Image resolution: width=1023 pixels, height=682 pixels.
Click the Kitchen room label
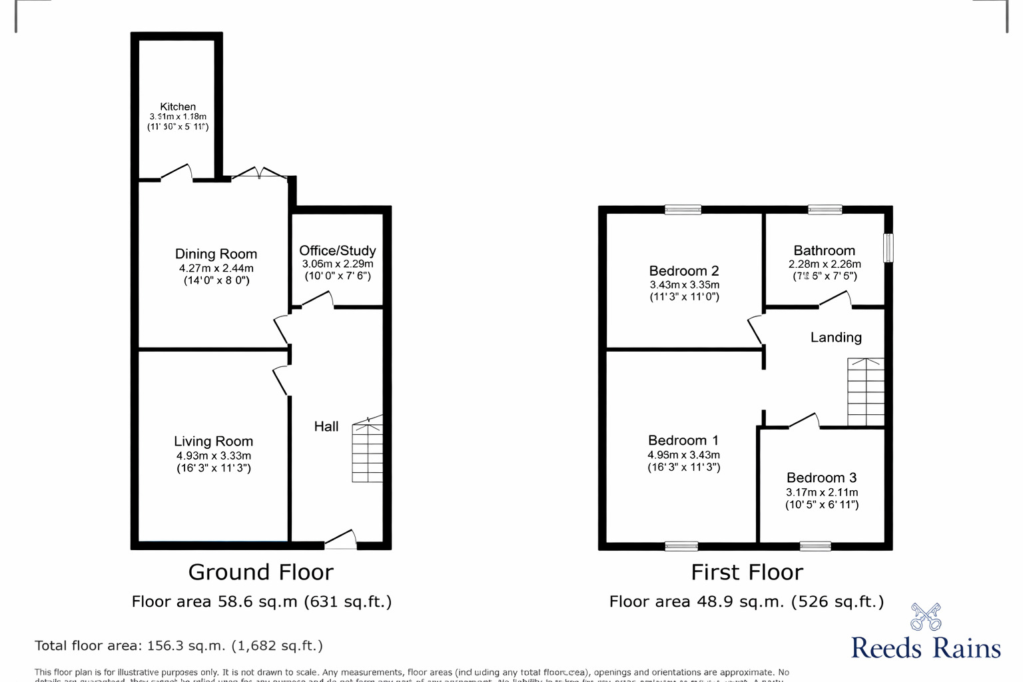[178, 107]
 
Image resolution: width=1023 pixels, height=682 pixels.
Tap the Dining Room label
[216, 254]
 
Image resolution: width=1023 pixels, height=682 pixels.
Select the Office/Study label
[337, 250]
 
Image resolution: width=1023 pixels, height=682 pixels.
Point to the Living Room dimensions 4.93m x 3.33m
[213, 456]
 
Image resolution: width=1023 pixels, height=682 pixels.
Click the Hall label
[326, 426]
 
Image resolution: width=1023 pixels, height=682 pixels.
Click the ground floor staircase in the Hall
[367, 450]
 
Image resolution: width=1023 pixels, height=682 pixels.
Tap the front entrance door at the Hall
[341, 540]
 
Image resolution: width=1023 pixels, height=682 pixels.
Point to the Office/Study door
[318, 301]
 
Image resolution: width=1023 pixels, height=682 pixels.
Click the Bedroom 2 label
[684, 270]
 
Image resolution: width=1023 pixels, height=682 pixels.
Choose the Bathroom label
[824, 250]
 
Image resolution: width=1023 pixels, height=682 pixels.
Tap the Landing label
[836, 338]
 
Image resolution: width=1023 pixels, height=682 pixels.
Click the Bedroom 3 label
[821, 478]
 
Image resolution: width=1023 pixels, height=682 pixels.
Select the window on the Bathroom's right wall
[888, 247]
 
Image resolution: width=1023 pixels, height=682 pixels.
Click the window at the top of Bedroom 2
[683, 210]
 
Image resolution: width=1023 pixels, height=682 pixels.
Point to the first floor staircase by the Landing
[865, 392]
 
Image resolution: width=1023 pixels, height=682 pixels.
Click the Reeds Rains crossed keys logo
[926, 617]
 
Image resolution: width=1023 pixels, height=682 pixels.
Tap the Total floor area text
[178, 645]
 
